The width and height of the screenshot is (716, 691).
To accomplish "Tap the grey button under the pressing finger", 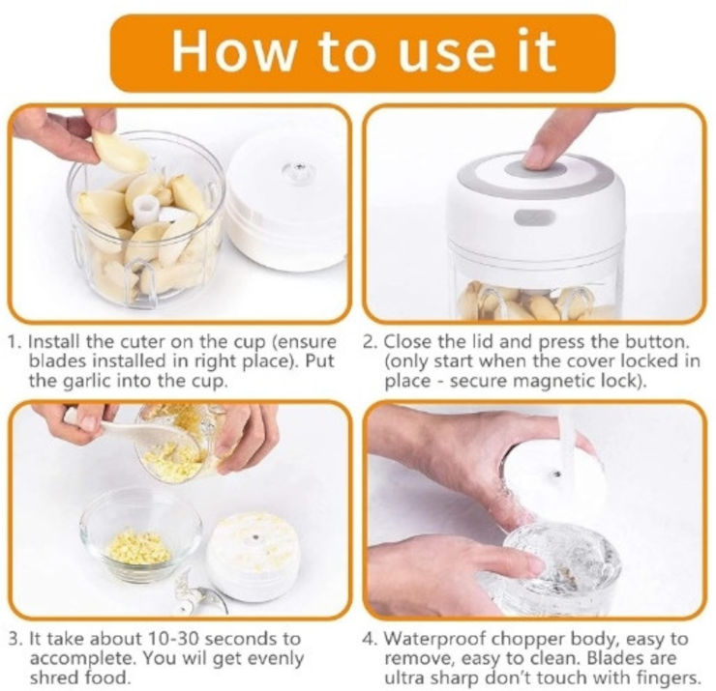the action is pos(535,169).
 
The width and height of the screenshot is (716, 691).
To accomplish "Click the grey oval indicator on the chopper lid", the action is pos(534,217).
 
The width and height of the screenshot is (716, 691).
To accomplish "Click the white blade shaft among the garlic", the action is pos(147,211).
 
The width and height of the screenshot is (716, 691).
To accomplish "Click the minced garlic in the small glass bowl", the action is pos(139,546).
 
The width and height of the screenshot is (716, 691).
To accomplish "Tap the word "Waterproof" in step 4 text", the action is pos(434,639).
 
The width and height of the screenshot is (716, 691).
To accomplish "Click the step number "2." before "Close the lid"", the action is pos(371,341).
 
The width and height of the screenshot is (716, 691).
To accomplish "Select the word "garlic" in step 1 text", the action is pos(86,381).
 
